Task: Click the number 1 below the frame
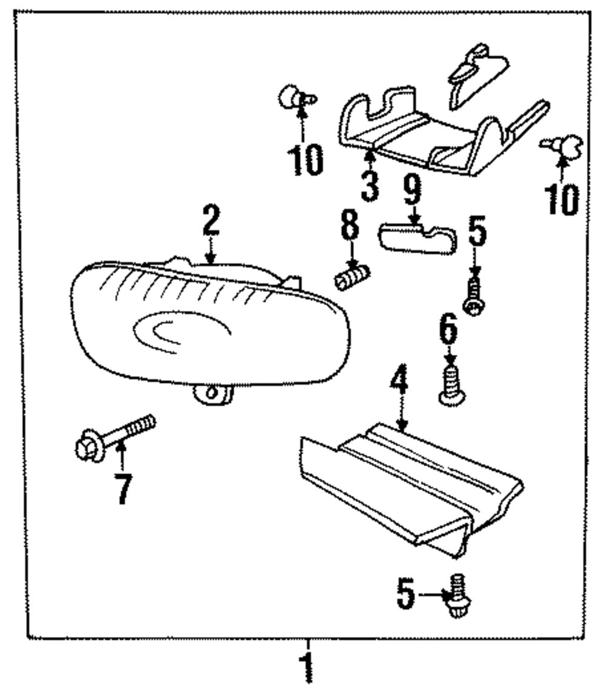coord(308,667)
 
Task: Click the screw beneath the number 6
coord(450,385)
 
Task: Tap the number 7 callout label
coord(123,488)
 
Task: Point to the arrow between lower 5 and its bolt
coord(432,595)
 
